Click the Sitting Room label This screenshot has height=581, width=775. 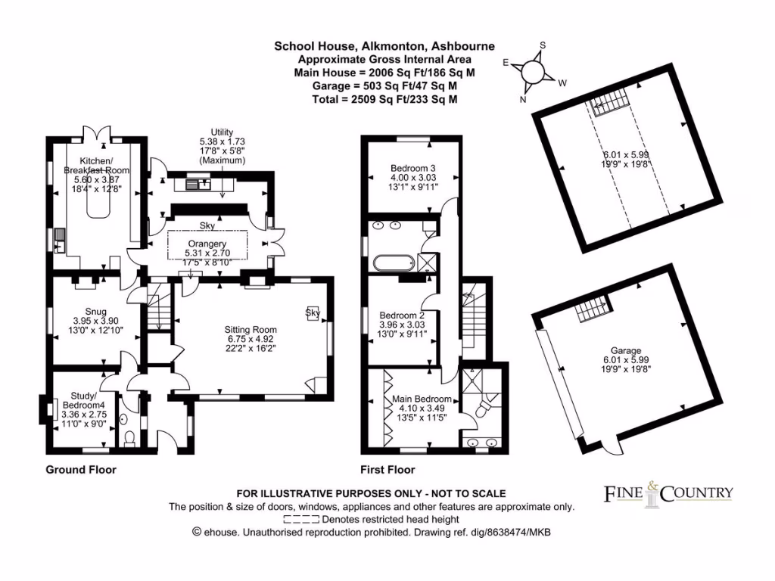250,330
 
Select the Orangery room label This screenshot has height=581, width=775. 207,244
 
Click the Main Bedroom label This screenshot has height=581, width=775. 422,399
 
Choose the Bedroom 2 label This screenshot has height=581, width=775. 401,315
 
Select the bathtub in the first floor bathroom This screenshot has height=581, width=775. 392,263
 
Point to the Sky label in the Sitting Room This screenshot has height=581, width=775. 312,312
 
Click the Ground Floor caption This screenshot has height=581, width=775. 81,470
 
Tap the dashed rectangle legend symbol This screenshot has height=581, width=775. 301,520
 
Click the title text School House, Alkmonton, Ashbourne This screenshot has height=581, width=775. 384,46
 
